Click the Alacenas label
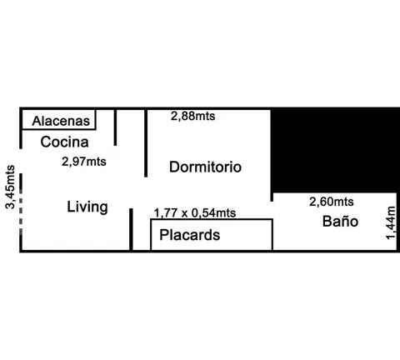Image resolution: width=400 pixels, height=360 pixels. click(x=61, y=121)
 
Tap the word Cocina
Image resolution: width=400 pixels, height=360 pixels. click(x=64, y=142)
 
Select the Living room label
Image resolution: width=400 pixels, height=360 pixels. click(x=87, y=207)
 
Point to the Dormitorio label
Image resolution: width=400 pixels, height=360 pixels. click(x=205, y=167)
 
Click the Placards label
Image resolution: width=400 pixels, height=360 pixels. click(x=190, y=235)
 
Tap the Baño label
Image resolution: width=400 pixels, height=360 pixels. click(x=340, y=221)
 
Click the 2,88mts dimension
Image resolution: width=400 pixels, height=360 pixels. click(x=193, y=116)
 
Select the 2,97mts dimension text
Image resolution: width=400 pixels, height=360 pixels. click(x=84, y=162)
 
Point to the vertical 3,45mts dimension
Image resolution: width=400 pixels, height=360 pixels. click(x=11, y=187)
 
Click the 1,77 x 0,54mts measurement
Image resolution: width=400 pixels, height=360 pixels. click(x=195, y=213)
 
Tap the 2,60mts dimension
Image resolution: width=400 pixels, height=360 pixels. click(x=332, y=202)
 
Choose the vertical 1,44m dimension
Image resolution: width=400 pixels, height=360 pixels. click(x=390, y=222)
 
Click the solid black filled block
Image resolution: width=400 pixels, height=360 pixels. click(x=335, y=150)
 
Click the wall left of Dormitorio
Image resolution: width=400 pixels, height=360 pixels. click(x=146, y=143)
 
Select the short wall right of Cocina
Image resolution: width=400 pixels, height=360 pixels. click(x=115, y=127)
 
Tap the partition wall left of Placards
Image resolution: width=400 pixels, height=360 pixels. click(x=131, y=229)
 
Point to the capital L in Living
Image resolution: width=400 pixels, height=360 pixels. click(x=71, y=207)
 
